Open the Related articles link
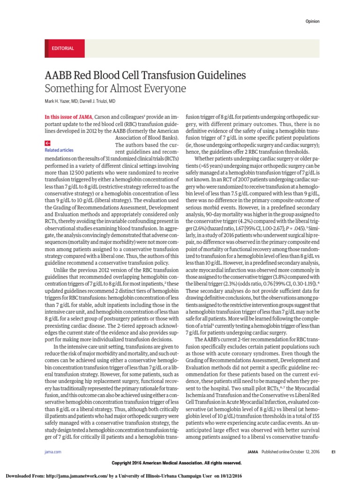pos(59,150)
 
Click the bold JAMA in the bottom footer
pos(253,451)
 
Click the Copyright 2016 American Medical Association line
pos(176,463)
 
